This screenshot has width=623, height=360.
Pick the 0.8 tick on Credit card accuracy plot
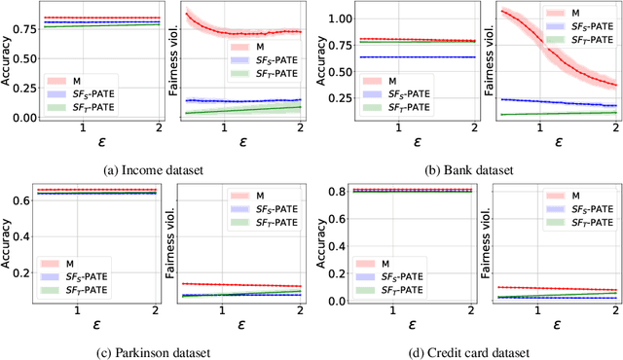point(340,192)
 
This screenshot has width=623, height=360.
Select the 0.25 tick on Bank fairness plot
point(483,98)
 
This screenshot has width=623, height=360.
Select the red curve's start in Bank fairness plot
point(502,11)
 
